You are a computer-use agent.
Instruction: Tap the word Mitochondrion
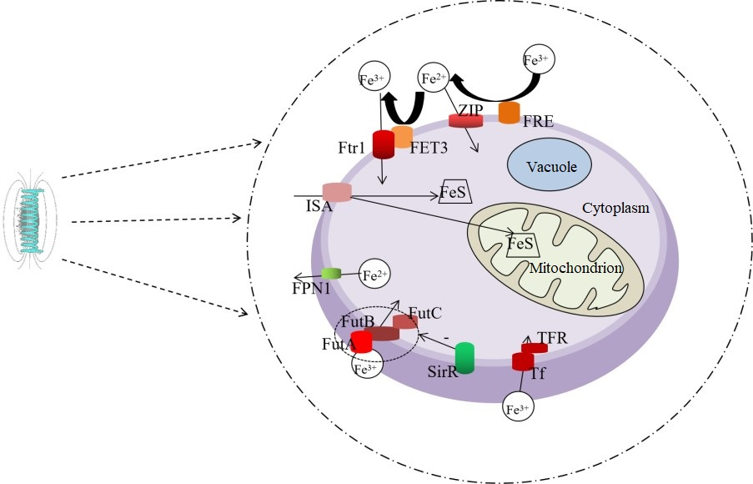tap(576, 268)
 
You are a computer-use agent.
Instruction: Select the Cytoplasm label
tap(615, 207)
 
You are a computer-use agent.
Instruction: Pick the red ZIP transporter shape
tap(466, 121)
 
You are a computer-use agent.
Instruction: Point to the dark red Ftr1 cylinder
tap(383, 144)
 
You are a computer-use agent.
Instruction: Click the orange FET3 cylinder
tap(403, 136)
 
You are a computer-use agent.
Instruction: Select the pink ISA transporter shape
tap(337, 192)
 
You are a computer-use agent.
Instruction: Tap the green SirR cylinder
tap(464, 357)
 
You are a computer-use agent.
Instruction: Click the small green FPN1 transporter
tap(332, 274)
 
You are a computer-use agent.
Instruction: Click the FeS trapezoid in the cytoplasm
tap(456, 194)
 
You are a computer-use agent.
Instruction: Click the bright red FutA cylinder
tap(361, 342)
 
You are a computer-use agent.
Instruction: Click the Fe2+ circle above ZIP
tap(433, 79)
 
